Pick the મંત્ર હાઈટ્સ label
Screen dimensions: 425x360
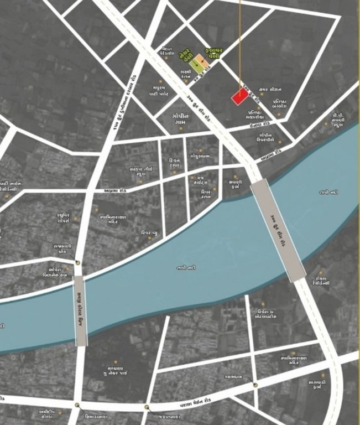coord(198,179)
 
